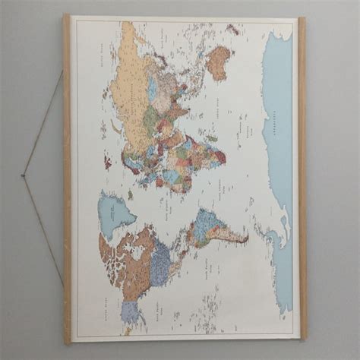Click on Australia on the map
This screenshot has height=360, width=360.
click(x=218, y=62)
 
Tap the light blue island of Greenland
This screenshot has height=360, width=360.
click(x=114, y=213)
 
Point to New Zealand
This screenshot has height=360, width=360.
click(x=232, y=30)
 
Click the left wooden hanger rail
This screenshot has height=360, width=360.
click(x=67, y=178)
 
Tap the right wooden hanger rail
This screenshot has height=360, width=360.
click(x=302, y=178)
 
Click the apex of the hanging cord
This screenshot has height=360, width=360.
click(x=23, y=176)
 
